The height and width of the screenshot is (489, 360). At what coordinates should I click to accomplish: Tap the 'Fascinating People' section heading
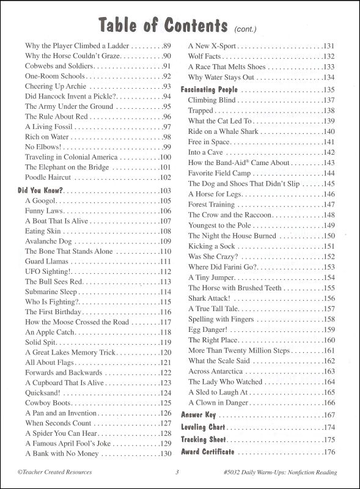point(208,89)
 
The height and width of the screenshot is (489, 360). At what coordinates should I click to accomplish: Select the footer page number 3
point(177,471)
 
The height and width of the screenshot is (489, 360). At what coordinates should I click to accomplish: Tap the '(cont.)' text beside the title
point(246,28)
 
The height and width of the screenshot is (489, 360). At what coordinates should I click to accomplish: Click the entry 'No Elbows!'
point(43,147)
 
